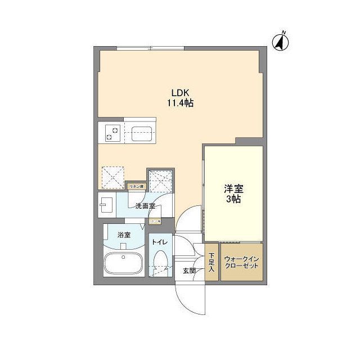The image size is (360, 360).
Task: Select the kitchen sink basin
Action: tap(139, 134)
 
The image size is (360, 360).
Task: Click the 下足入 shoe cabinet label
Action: tap(211, 263)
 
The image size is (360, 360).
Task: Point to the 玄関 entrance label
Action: tap(188, 271)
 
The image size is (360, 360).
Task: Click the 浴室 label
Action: tap(124, 235)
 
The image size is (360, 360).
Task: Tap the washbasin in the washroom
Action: tap(107, 205)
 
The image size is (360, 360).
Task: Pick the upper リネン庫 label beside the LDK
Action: tap(136, 186)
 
